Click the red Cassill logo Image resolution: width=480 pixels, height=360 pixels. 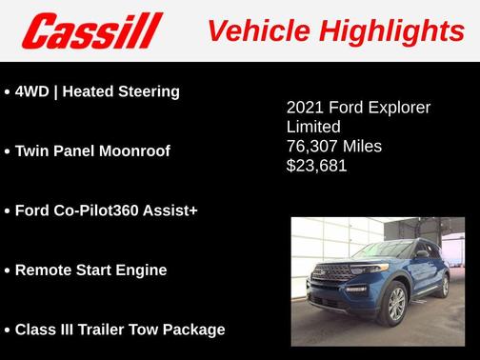pos(92,30)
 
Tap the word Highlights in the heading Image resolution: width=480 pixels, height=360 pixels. pos(392,30)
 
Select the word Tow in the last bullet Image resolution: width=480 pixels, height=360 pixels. pos(150,330)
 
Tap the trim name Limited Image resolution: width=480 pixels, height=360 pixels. pos(313,127)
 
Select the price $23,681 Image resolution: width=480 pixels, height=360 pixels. pos(317,166)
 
